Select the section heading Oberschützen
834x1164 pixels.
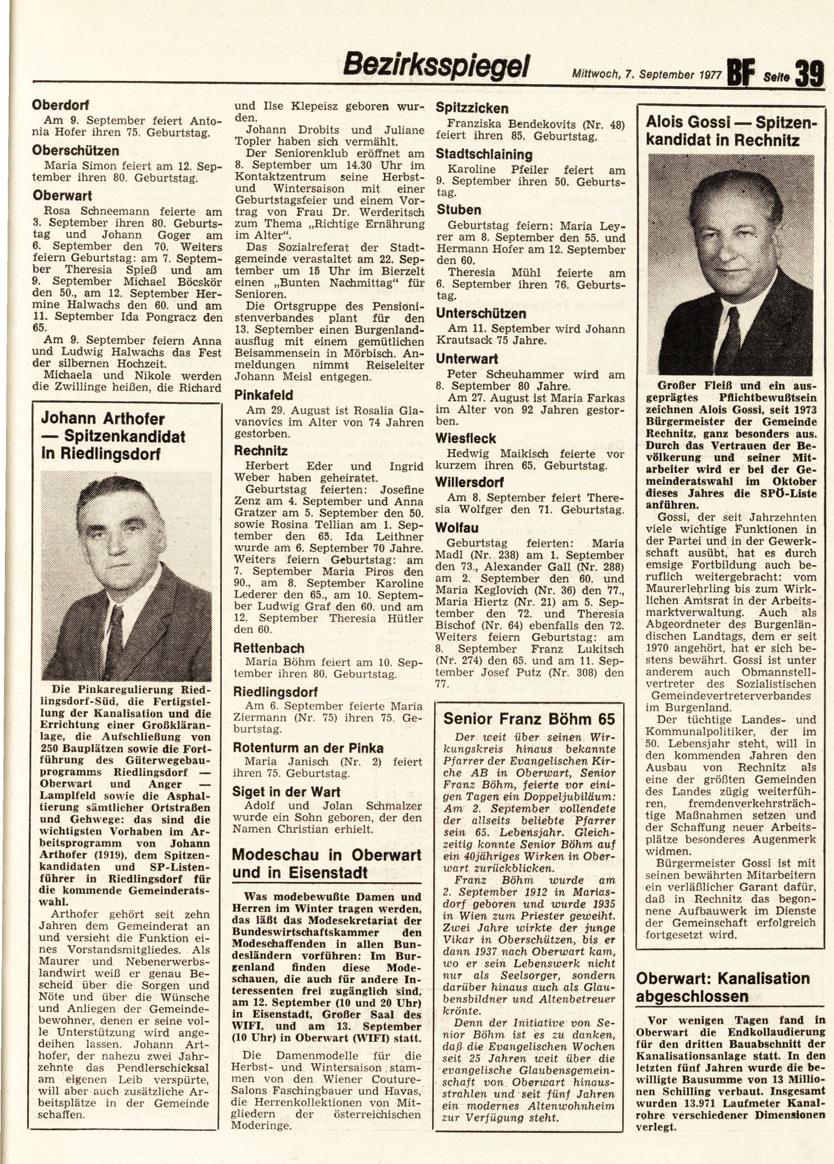click(x=76, y=150)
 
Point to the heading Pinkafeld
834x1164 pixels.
click(x=263, y=394)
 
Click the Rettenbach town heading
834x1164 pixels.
click(x=269, y=648)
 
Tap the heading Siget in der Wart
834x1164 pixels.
click(x=288, y=792)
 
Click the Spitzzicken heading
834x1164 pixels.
click(x=472, y=108)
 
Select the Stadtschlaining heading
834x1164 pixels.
click(x=484, y=155)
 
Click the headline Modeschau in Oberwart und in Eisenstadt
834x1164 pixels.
click(x=327, y=863)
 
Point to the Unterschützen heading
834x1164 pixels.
click(x=481, y=314)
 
